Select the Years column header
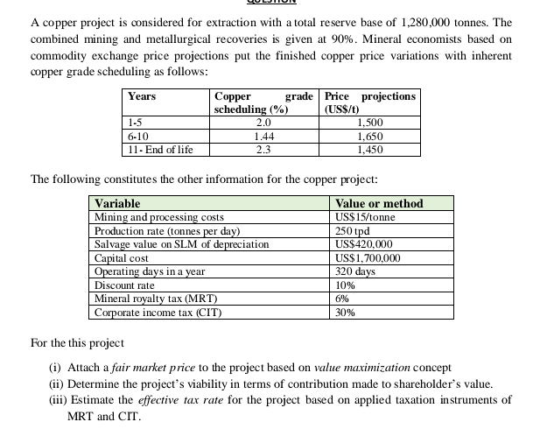142,95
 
